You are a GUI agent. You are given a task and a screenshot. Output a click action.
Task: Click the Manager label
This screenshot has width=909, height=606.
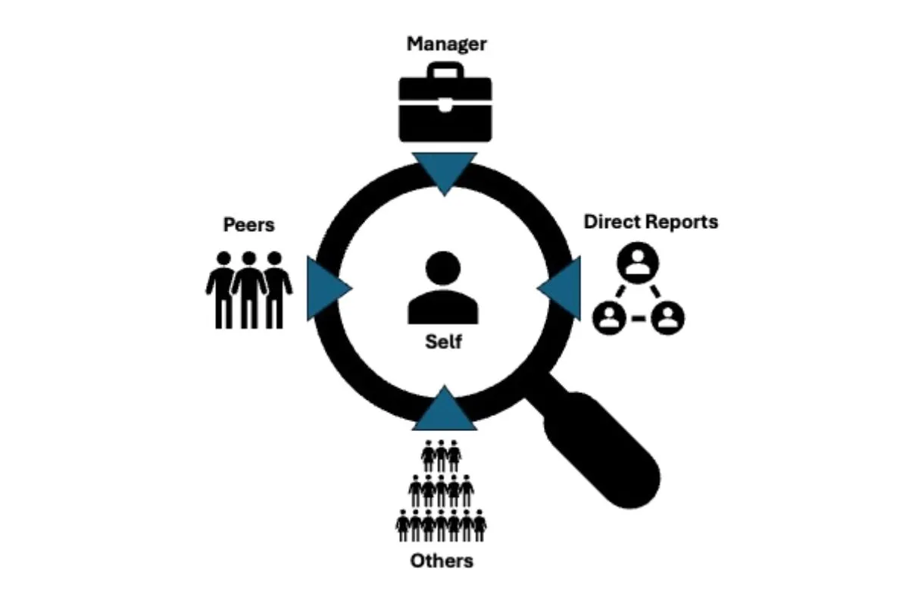click(x=446, y=43)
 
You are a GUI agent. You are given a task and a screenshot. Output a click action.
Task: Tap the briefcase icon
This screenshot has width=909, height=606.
click(x=445, y=106)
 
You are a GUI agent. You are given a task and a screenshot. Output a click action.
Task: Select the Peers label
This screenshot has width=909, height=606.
click(x=248, y=225)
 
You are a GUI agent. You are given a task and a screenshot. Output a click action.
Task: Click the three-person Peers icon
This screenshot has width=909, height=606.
click(x=248, y=289)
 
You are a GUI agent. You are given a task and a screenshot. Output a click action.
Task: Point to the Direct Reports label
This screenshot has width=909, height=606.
click(x=651, y=222)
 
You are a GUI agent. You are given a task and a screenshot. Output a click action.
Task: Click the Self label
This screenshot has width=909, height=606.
click(x=443, y=342)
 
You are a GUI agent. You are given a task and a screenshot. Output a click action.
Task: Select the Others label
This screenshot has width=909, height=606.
click(x=442, y=561)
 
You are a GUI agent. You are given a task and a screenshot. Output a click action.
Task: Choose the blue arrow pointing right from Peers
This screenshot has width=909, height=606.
click(x=326, y=288)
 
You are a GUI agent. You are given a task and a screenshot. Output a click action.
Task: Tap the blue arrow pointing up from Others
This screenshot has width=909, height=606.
click(x=444, y=409)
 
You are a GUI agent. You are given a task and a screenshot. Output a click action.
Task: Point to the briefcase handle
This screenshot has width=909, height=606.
click(x=445, y=71)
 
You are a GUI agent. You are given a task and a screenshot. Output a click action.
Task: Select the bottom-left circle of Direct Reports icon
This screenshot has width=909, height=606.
click(x=608, y=317)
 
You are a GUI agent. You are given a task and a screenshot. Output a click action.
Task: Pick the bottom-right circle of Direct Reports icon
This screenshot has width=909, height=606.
click(x=667, y=317)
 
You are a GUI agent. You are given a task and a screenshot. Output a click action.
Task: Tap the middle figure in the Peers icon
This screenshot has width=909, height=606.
click(x=248, y=289)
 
